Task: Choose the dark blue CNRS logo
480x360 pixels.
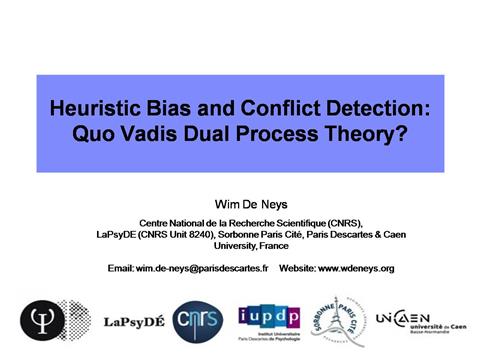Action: (x=200, y=321)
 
